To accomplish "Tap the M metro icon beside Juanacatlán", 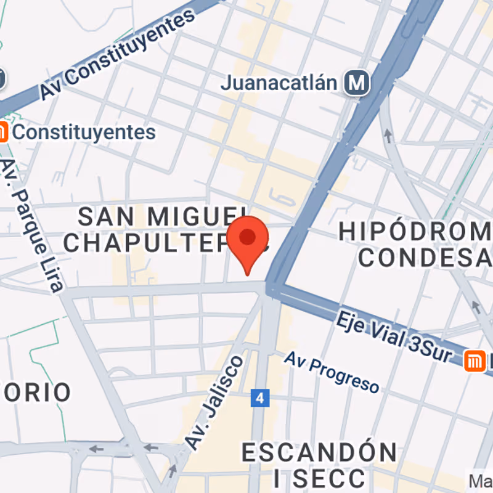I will pos(357,82).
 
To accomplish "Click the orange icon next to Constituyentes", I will pos(2,131).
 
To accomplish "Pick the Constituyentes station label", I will pos(84,132).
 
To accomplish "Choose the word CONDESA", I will pos(425,258).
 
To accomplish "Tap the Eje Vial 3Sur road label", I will pos(394,337).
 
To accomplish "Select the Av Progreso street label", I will pos(332,373).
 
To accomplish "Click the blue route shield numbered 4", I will pos(261,398).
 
